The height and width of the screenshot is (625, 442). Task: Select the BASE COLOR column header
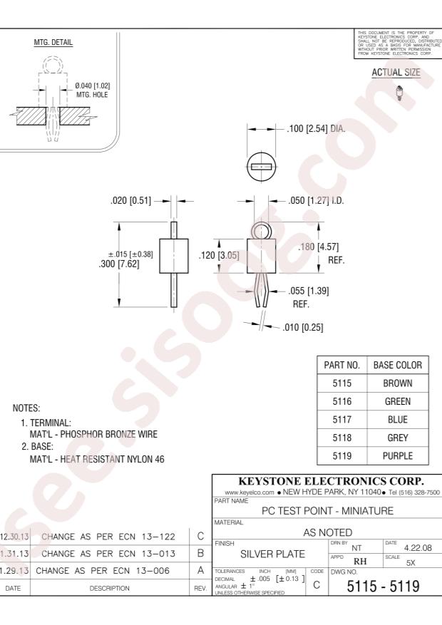pos(398,365)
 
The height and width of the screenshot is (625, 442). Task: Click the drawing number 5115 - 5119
pos(384,589)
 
